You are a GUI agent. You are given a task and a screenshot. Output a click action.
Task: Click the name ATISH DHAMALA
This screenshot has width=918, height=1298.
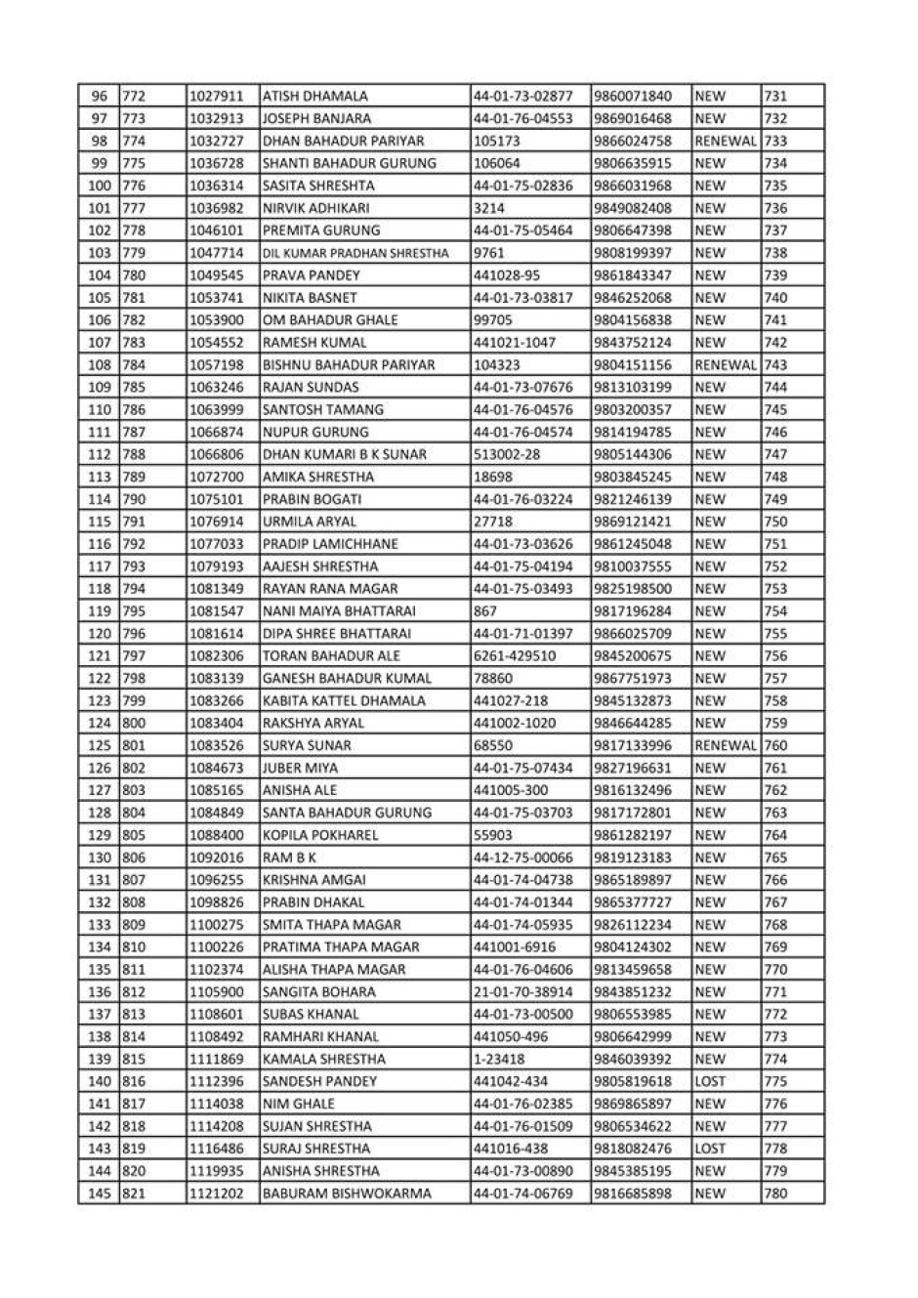tap(314, 97)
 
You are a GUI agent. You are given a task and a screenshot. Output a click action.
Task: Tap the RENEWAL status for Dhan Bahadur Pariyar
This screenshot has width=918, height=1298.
tap(725, 142)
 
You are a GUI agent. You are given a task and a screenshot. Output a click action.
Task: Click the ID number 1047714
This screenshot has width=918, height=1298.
tap(216, 253)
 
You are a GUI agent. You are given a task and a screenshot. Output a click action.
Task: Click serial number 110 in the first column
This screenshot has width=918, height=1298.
tap(100, 410)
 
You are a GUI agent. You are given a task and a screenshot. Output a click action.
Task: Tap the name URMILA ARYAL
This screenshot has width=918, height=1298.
tap(310, 522)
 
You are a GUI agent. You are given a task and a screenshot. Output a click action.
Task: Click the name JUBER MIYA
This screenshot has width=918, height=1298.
tap(300, 768)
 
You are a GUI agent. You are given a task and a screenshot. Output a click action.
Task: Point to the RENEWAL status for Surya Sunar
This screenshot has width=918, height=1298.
tap(725, 745)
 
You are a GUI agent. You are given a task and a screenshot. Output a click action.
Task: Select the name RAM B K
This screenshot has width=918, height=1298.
tap(289, 858)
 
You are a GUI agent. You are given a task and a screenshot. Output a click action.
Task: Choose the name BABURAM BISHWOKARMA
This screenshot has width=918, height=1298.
tap(346, 1193)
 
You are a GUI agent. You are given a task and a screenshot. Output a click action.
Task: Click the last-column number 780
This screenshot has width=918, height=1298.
tap(775, 1193)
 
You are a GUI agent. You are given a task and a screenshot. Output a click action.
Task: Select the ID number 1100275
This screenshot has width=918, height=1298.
tap(216, 925)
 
